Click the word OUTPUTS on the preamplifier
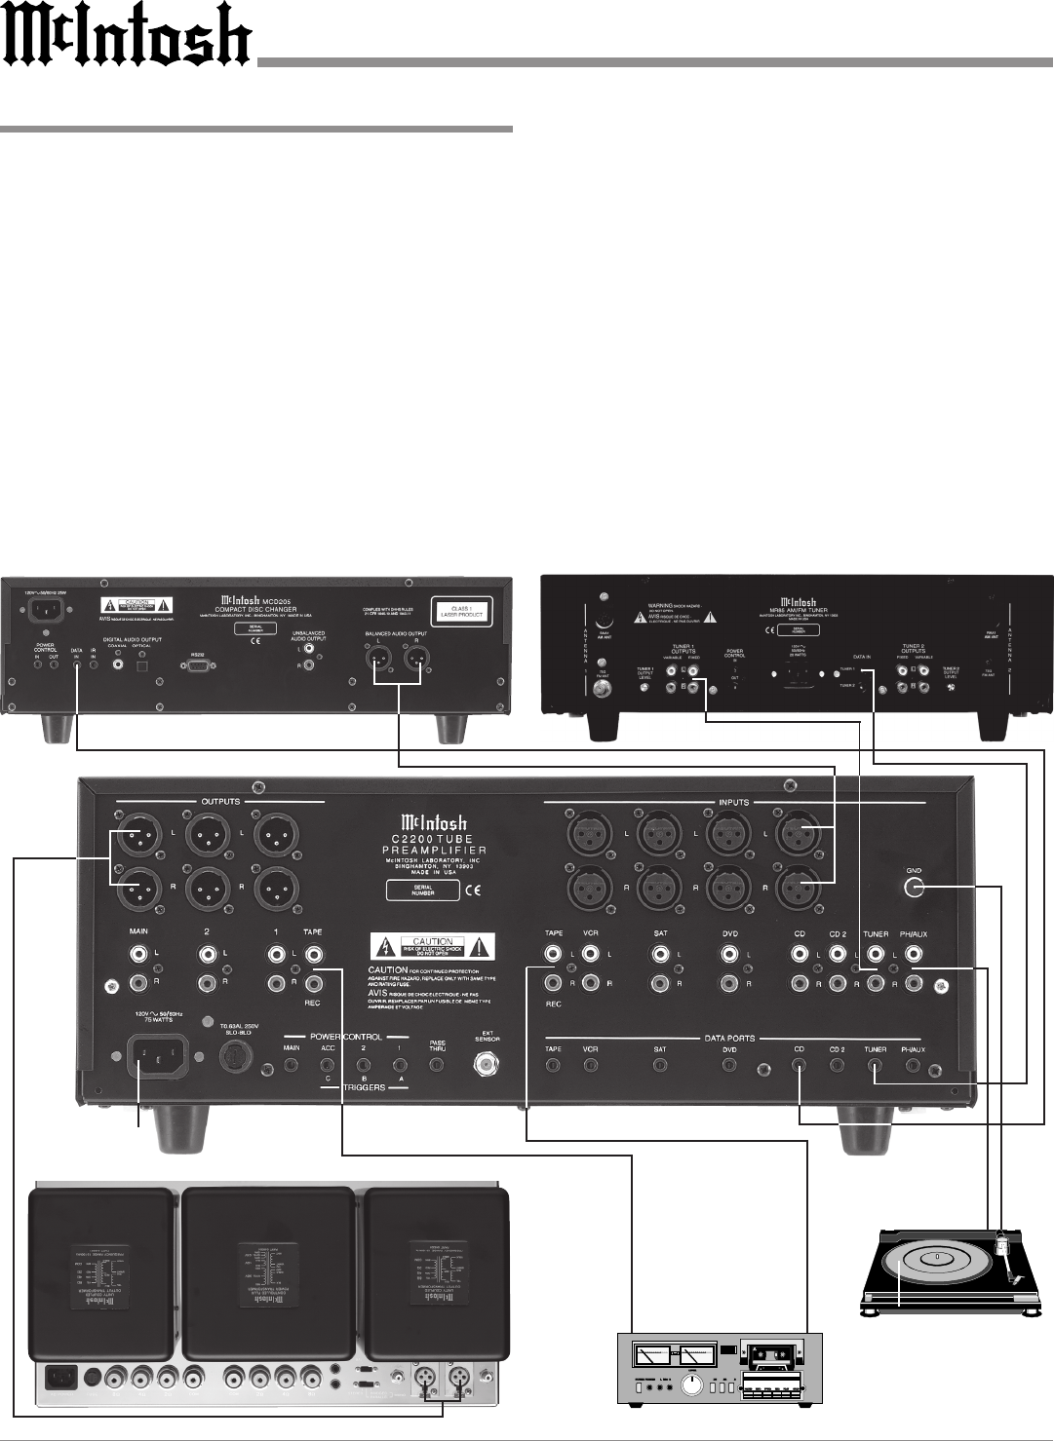click(220, 802)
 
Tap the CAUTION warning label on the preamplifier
click(432, 944)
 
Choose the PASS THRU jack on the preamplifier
click(438, 1065)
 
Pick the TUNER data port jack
click(876, 1066)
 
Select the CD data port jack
click(800, 1066)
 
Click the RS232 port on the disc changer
click(198, 667)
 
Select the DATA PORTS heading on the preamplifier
click(728, 1038)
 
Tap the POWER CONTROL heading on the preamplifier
click(346, 1037)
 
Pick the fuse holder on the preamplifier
click(234, 1055)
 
